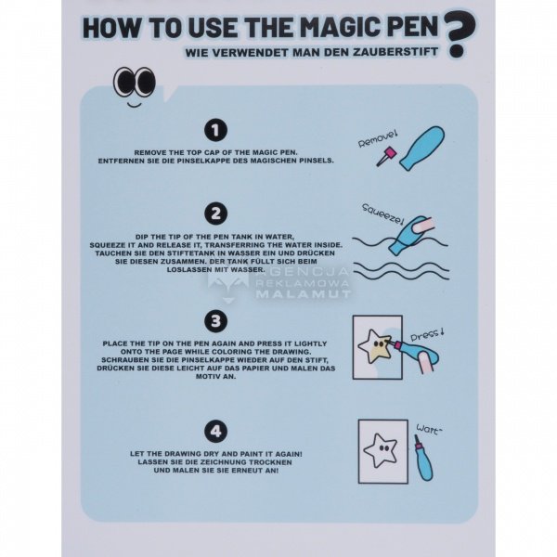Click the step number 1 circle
click(215, 130)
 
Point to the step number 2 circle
click(215, 214)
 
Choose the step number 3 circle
click(215, 321)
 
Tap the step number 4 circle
click(215, 432)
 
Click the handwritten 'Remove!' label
click(377, 139)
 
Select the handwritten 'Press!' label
click(427, 334)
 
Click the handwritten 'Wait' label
click(429, 430)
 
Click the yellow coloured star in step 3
click(375, 346)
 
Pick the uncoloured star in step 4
click(381, 450)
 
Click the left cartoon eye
click(124, 82)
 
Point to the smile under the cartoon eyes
click(135, 104)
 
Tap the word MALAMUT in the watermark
click(303, 294)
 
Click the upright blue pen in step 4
click(423, 459)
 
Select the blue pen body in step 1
click(422, 148)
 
